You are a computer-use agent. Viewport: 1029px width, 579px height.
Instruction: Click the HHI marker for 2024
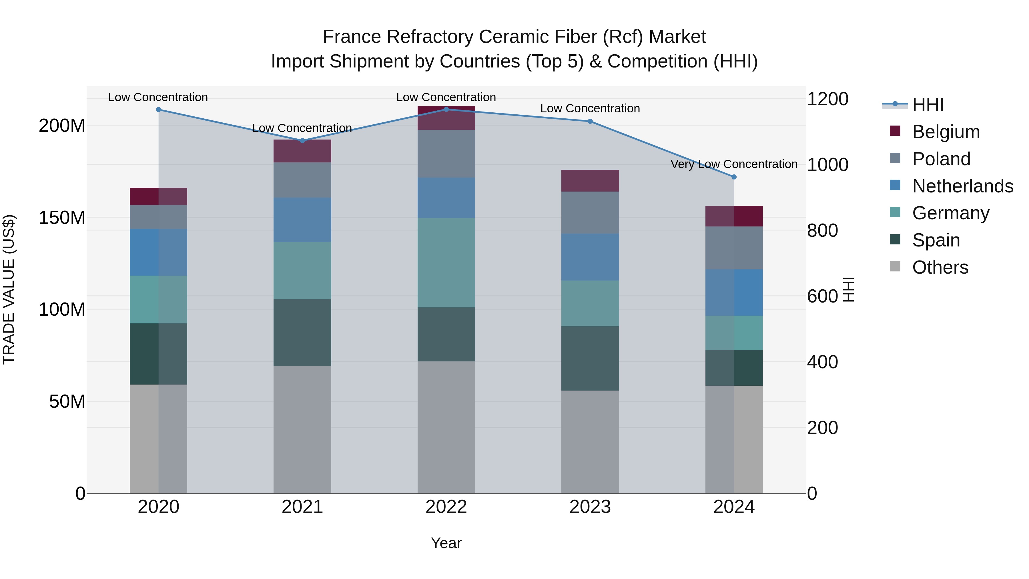(x=734, y=177)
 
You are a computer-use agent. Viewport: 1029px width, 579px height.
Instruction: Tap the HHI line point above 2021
(x=302, y=141)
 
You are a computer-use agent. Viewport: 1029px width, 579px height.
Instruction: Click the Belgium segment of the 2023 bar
(x=590, y=181)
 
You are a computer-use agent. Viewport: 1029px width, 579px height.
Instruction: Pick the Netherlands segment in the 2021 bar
(x=302, y=220)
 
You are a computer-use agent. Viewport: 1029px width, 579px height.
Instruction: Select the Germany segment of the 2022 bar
(x=446, y=262)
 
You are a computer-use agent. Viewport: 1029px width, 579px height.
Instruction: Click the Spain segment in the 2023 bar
(x=590, y=359)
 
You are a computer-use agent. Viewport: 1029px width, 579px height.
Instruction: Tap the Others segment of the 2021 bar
(x=302, y=429)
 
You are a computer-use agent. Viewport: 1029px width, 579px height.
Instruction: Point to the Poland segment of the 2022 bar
(x=446, y=154)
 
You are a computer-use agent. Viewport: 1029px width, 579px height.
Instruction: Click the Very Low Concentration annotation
(x=734, y=164)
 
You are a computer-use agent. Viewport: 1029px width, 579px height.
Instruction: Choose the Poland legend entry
(x=941, y=159)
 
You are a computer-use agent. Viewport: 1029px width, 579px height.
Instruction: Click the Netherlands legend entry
(x=963, y=186)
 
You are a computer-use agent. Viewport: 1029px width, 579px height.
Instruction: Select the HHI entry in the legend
(x=928, y=105)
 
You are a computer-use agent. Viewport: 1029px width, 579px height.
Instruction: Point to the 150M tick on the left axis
(x=62, y=218)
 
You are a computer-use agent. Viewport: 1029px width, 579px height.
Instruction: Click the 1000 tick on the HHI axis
(x=827, y=165)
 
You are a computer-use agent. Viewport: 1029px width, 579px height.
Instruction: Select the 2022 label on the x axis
(x=446, y=507)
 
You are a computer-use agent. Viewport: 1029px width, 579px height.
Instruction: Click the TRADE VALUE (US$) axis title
(x=9, y=289)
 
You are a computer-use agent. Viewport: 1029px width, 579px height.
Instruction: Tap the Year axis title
(x=446, y=543)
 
